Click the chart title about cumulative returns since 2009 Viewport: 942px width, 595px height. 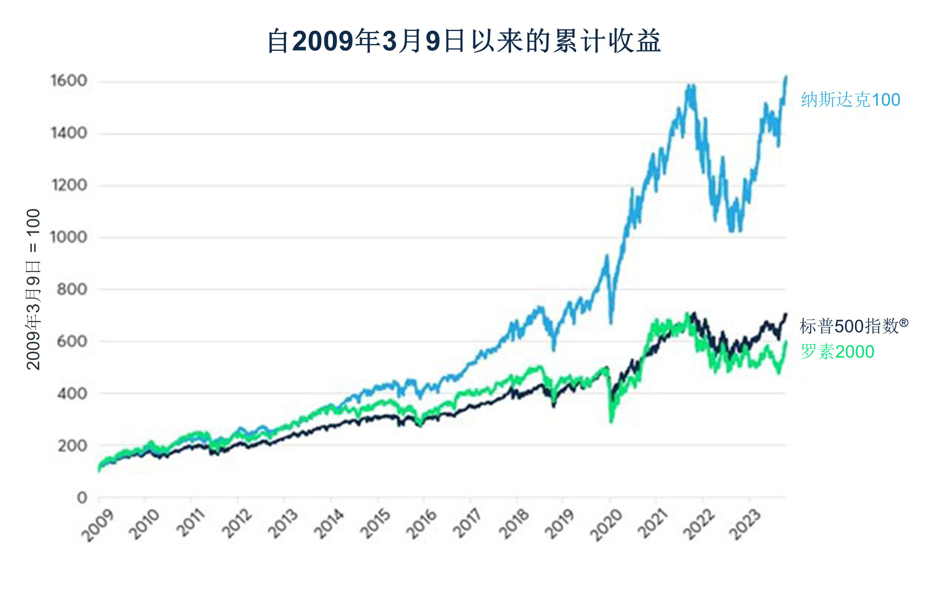(464, 41)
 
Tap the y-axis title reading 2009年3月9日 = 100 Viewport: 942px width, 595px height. (34, 289)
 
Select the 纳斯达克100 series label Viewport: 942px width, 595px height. (850, 100)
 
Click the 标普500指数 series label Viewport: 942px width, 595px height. (854, 326)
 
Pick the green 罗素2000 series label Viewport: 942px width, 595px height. (837, 352)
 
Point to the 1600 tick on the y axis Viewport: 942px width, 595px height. (69, 81)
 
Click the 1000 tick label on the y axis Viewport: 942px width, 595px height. (69, 237)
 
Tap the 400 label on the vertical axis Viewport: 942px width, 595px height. (72, 393)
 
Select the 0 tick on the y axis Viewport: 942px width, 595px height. (82, 498)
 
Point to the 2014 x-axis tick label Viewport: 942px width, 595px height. (330, 525)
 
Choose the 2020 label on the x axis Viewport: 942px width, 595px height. (606, 525)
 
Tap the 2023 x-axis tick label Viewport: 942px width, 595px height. (745, 525)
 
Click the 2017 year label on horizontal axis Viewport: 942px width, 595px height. (468, 525)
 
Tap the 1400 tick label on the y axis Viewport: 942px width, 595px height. (69, 133)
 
